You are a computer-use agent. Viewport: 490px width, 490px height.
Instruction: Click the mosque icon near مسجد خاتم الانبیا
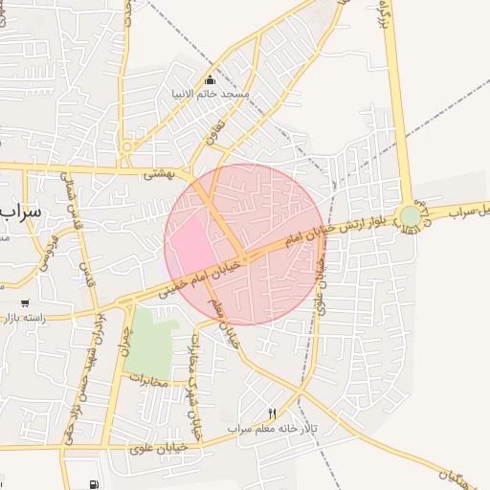(211, 79)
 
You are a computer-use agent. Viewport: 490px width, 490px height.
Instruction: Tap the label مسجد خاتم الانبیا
(211, 94)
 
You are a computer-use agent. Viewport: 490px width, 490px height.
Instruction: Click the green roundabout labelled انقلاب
(411, 216)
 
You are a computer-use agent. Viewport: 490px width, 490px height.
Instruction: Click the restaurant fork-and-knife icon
(272, 413)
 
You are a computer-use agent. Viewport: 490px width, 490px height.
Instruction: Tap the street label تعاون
(216, 131)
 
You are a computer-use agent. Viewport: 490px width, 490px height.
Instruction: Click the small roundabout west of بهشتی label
(126, 148)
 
